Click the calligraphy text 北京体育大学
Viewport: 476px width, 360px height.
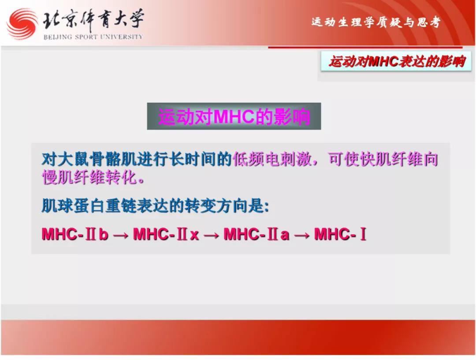pyautogui.click(x=93, y=20)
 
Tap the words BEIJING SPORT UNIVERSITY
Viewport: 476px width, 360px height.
pyautogui.click(x=93, y=37)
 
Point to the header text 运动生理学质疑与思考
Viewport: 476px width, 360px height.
pyautogui.click(x=376, y=22)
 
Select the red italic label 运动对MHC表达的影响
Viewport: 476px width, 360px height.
pyautogui.click(x=397, y=61)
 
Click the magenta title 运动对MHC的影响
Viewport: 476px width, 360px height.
pyautogui.click(x=234, y=116)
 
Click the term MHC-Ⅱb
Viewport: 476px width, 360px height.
pyautogui.click(x=74, y=234)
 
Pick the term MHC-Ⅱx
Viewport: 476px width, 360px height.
pyautogui.click(x=166, y=234)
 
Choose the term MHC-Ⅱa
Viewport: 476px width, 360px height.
pyautogui.click(x=257, y=234)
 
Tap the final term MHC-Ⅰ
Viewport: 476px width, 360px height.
pyautogui.click(x=340, y=234)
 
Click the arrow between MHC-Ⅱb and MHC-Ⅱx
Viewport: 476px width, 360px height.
pyautogui.click(x=120, y=235)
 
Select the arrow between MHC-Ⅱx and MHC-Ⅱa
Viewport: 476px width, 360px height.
pyautogui.click(x=211, y=235)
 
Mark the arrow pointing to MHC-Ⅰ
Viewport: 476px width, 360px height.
pyautogui.click(x=302, y=235)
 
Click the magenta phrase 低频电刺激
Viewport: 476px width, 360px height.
pyautogui.click(x=272, y=159)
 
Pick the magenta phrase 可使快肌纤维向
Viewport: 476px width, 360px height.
pyautogui.click(x=383, y=159)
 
